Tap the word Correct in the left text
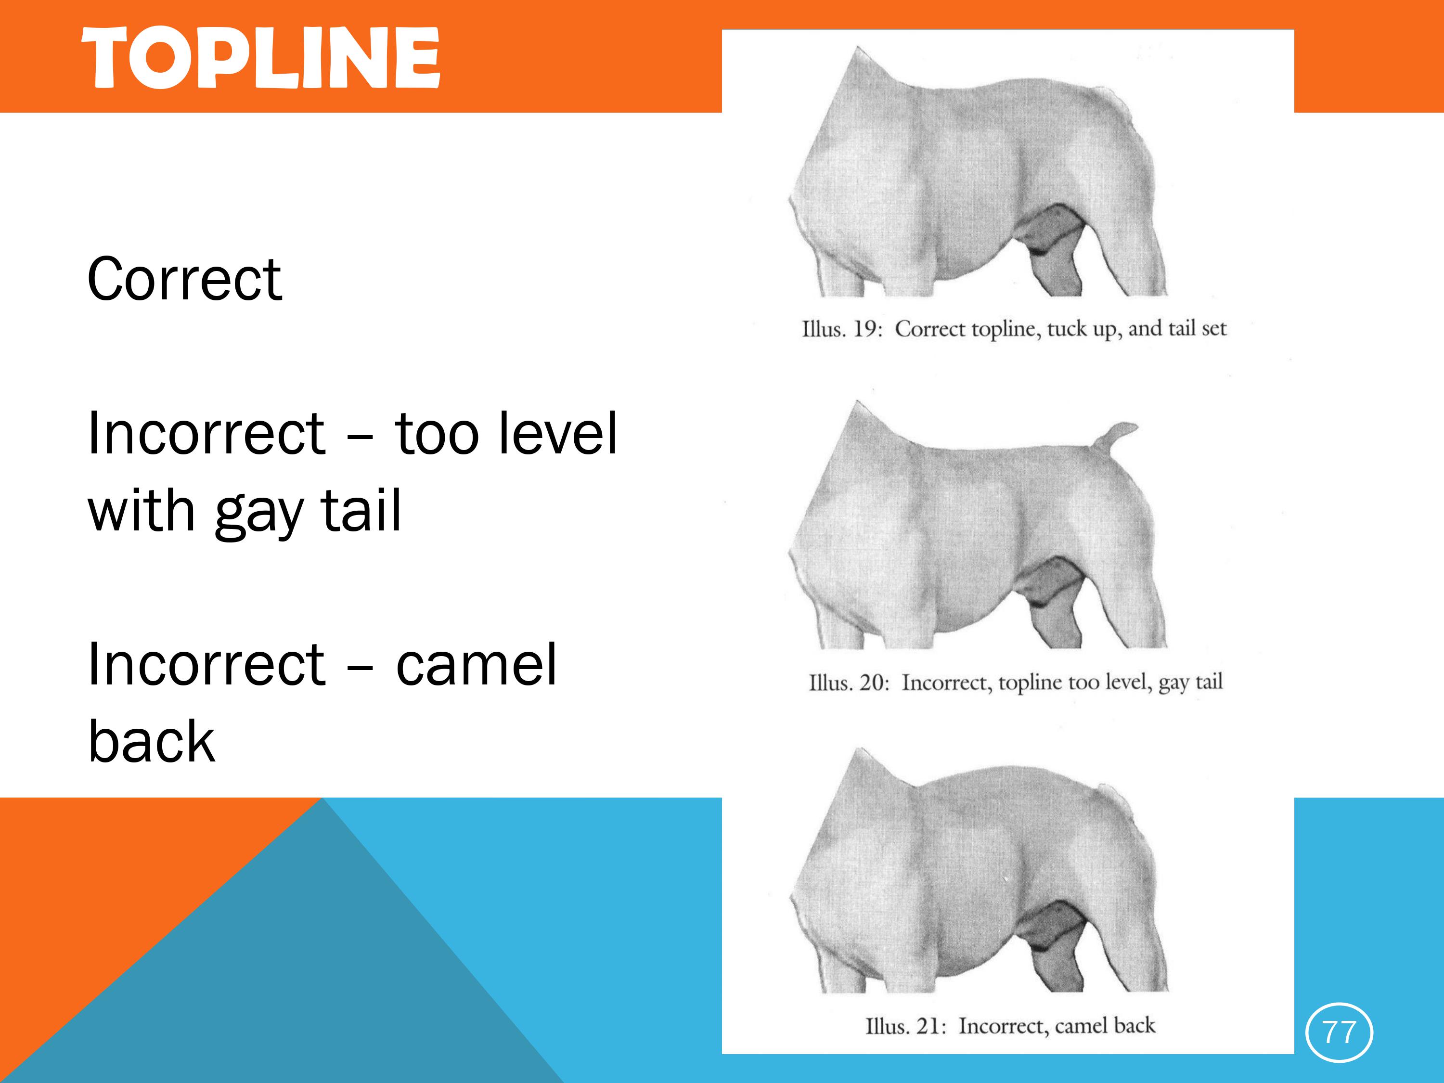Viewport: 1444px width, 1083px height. click(185, 279)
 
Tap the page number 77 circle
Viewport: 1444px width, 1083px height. click(1339, 1033)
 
